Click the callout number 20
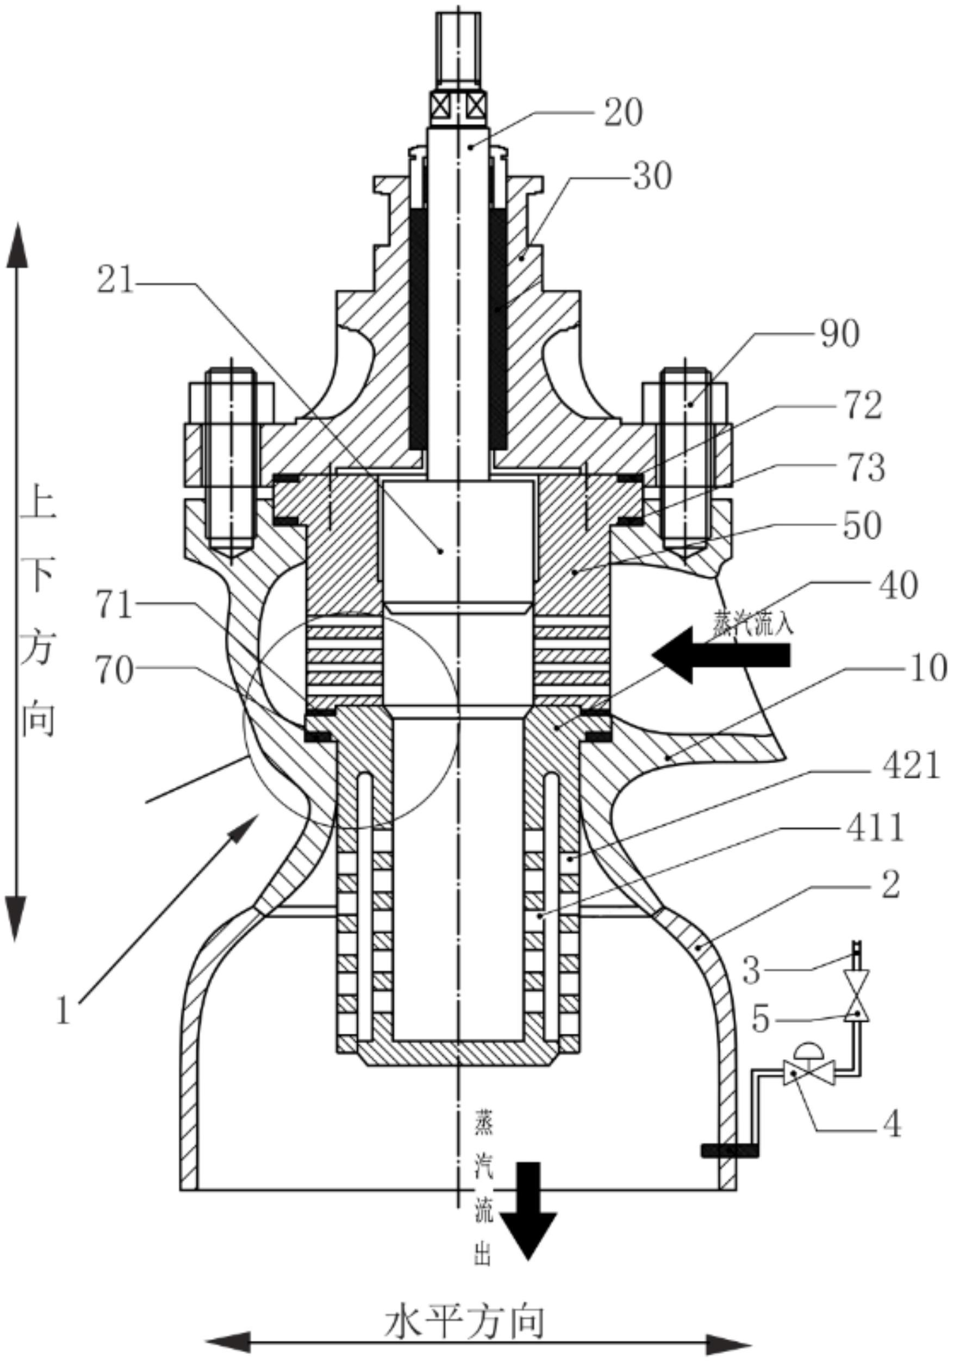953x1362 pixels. coord(623,113)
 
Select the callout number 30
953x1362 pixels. coord(653,176)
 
